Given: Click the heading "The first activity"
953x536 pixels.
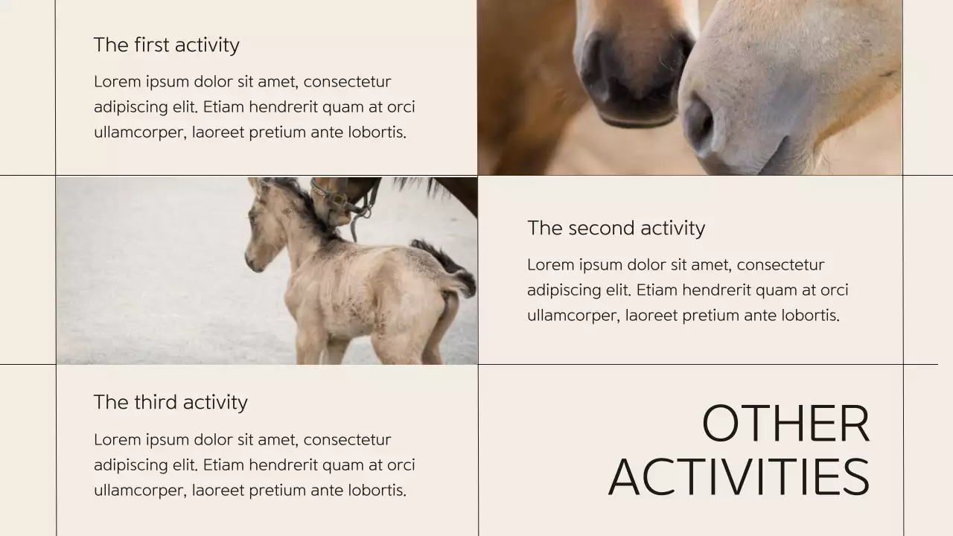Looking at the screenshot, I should point(166,45).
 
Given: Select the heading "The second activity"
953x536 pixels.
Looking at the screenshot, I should point(616,228).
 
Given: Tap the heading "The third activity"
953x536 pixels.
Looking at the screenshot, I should point(170,403).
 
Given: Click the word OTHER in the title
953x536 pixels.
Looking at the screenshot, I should point(785,424).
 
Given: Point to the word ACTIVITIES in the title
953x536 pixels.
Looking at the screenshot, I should point(739,477).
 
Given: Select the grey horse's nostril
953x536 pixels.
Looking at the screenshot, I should point(699,122).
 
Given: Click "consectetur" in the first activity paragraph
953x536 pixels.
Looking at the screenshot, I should point(347,82).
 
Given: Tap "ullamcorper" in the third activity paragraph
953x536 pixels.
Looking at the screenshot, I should point(139,491).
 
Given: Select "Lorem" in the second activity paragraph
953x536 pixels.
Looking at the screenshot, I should point(551,265).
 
